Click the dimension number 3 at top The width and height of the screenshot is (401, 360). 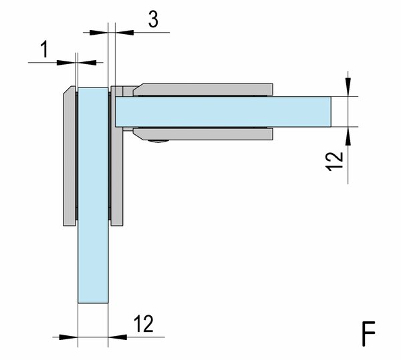coord(153,19)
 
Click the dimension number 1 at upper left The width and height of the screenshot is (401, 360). coord(45,49)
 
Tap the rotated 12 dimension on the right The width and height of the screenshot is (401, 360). coord(335,161)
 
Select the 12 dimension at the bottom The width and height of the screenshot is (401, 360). coord(144,324)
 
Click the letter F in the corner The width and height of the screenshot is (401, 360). coord(368,334)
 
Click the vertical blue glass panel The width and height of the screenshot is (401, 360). coord(93,196)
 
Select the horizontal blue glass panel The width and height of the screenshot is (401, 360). coord(223,112)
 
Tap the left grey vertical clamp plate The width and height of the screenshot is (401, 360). coord(70,156)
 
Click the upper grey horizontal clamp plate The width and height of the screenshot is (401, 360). coord(203,89)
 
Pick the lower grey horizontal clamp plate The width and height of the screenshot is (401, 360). coord(203,134)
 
